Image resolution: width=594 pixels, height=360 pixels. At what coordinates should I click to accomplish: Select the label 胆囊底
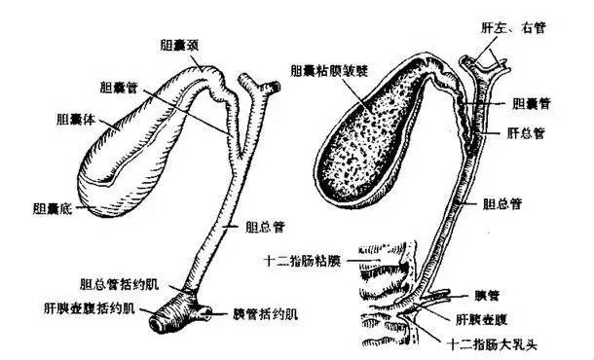tap(52, 207)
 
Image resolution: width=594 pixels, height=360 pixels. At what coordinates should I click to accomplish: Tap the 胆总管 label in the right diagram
tap(502, 205)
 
